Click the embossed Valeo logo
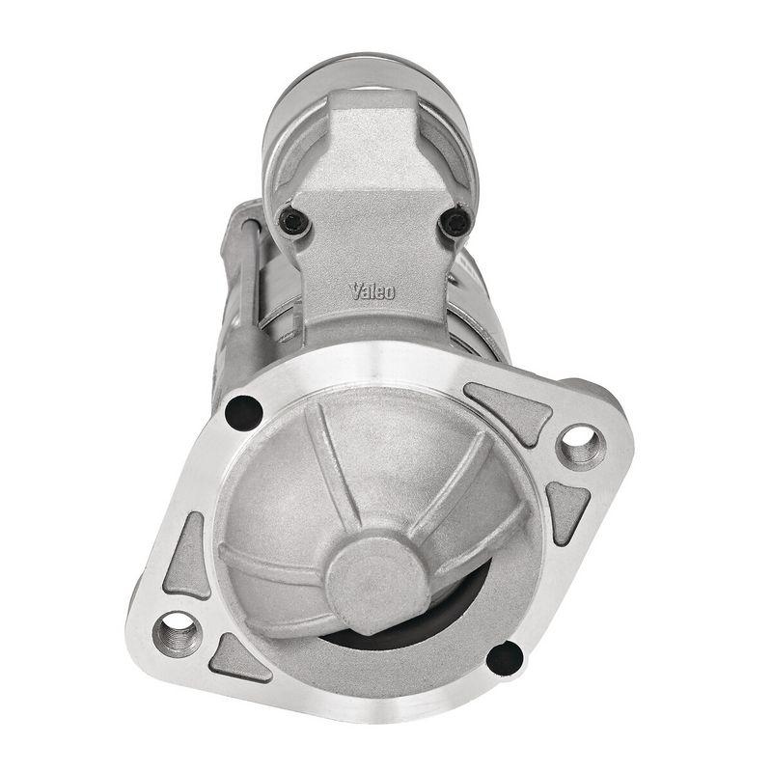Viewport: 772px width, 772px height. [x=372, y=290]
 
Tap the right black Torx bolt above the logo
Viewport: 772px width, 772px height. [x=455, y=224]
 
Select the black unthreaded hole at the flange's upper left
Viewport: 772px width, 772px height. [x=243, y=412]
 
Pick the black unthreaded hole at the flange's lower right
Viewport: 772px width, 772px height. [x=504, y=658]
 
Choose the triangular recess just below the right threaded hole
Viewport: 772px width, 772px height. [x=568, y=508]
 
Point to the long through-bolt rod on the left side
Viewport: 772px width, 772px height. [x=247, y=289]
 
